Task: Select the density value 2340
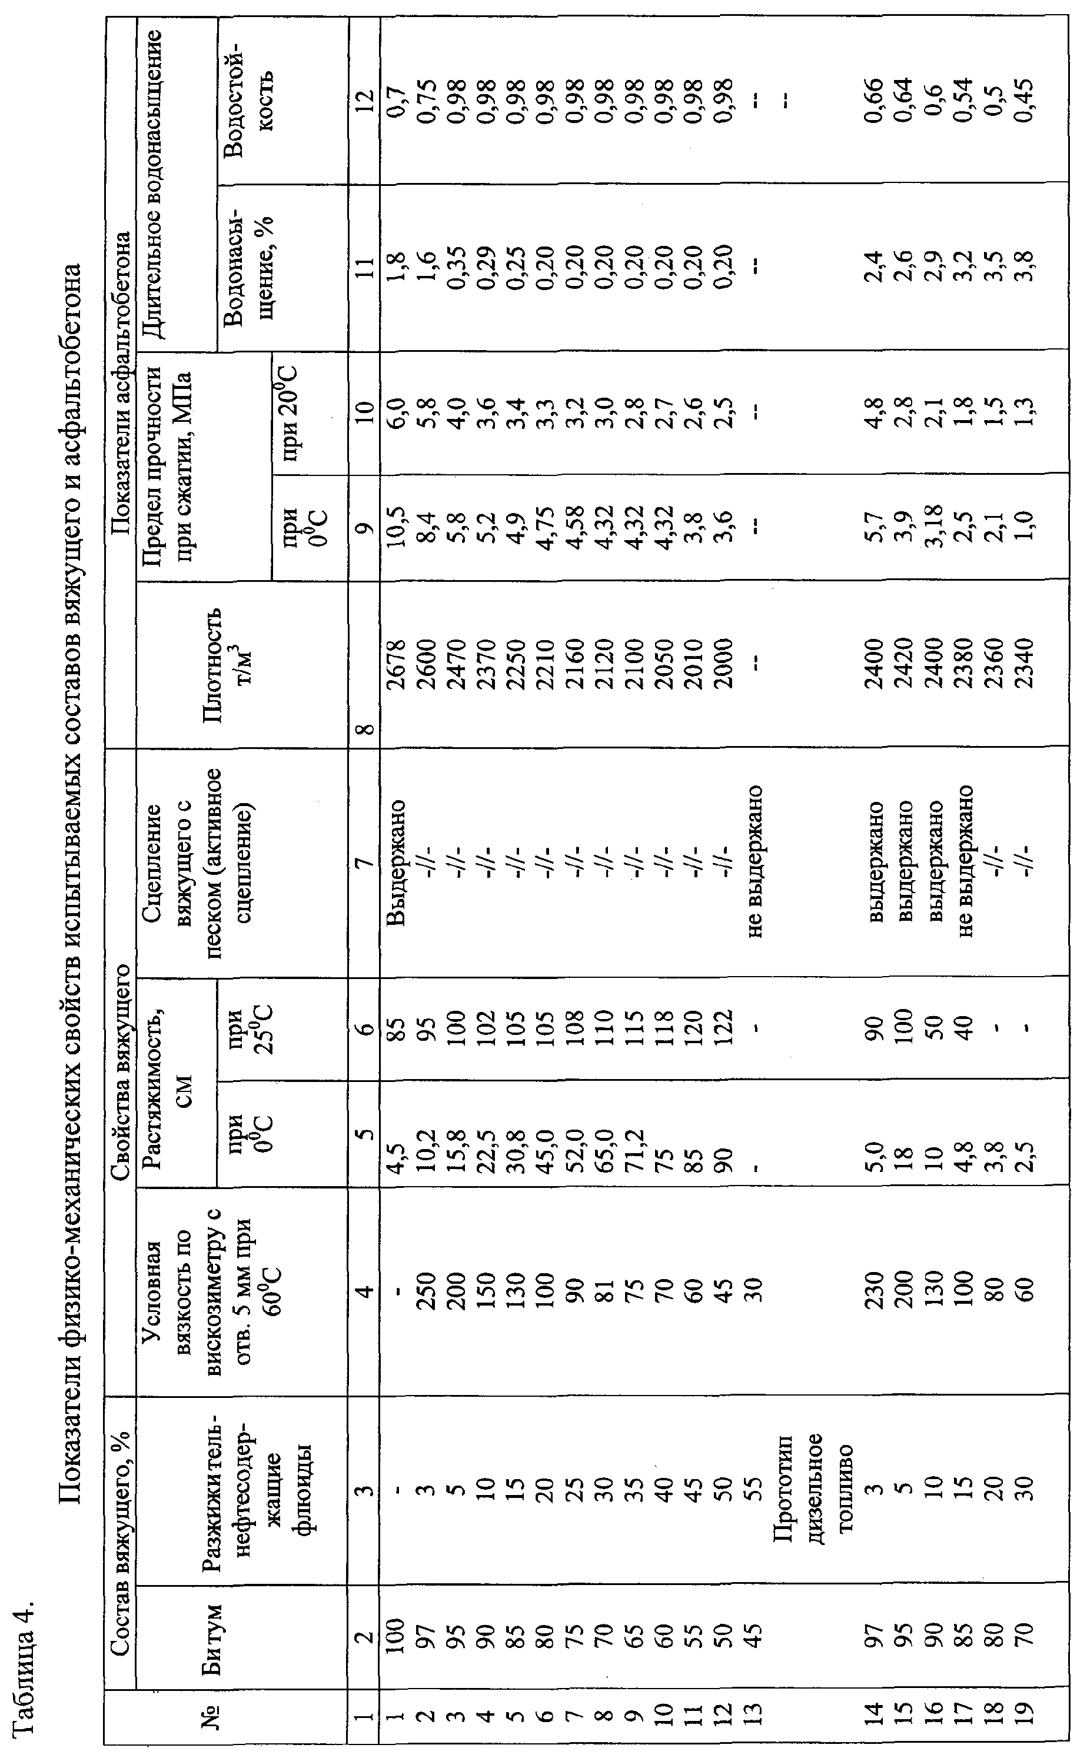1026,664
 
